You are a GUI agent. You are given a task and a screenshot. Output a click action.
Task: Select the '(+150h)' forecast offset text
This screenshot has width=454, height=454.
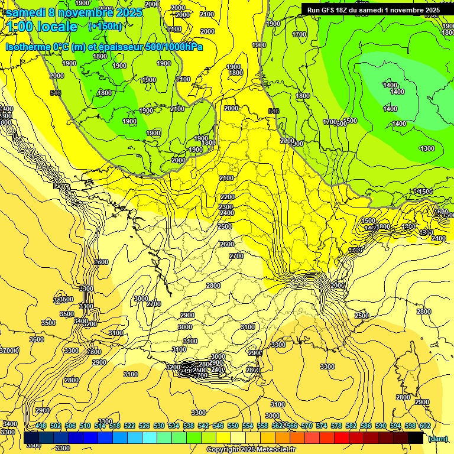105,26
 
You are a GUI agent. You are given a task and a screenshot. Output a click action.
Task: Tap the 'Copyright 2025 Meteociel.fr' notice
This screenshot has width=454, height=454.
251,450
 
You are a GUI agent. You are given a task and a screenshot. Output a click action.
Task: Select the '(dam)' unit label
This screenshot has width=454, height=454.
437,439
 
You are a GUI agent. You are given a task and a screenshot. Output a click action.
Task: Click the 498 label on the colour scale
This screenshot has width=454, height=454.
41,426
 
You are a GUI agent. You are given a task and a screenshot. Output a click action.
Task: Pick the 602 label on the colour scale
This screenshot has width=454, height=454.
424,426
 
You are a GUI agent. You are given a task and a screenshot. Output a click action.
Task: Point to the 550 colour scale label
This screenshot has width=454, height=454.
233,426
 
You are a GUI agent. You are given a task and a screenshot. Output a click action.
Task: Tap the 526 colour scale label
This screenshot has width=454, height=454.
144,426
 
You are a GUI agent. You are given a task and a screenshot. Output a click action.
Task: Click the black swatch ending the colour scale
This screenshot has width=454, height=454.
416,438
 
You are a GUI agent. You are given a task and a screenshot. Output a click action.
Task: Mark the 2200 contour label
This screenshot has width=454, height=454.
227,197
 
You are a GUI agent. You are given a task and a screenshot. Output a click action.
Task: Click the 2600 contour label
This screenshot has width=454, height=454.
226,244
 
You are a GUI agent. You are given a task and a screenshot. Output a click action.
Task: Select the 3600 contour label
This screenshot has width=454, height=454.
37,339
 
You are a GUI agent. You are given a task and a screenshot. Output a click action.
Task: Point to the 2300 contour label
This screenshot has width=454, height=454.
226,206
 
